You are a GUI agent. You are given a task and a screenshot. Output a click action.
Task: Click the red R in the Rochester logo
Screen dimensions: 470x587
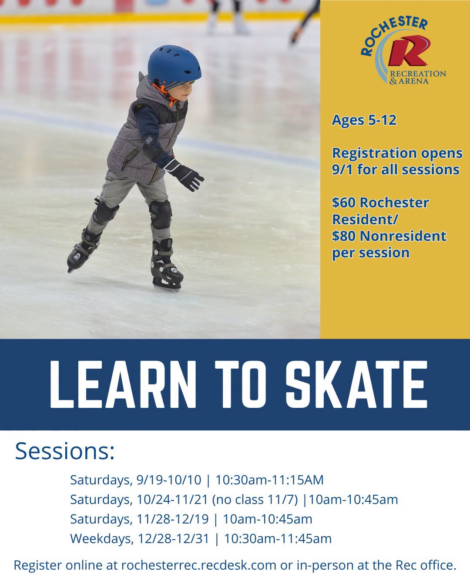[409, 52]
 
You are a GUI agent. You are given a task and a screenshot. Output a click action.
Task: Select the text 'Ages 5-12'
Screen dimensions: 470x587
[364, 120]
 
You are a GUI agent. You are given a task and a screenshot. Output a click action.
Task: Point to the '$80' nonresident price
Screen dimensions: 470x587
[344, 236]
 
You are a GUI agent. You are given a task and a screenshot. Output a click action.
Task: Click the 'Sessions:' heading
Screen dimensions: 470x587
[65, 451]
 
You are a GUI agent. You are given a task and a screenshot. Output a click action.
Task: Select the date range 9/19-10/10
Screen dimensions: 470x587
[169, 480]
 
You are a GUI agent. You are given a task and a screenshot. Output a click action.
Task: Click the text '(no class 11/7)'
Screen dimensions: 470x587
[255, 500]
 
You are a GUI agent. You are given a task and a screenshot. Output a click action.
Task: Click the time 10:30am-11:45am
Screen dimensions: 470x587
[278, 539]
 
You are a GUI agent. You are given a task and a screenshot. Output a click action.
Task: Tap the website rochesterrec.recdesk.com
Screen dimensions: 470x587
[199, 565]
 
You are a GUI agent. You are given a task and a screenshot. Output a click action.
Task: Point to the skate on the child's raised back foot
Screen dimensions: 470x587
[83, 250]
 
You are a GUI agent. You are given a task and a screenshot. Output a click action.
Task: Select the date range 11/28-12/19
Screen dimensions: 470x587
[173, 519]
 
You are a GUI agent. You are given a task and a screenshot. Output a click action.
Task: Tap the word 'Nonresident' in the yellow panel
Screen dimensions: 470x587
[403, 236]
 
